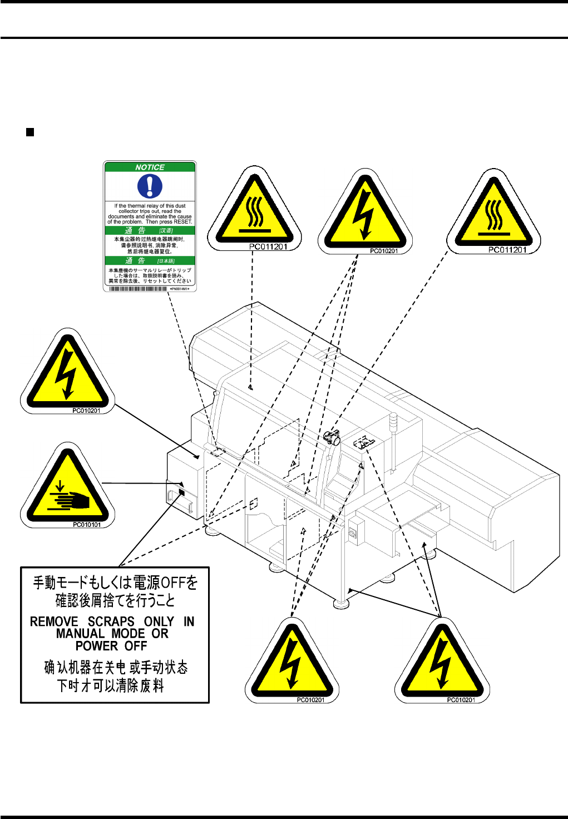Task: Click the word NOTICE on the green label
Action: click(150, 167)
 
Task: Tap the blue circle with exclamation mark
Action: click(150, 186)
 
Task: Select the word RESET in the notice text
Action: click(182, 221)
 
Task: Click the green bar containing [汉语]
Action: click(150, 230)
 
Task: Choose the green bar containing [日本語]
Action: click(150, 260)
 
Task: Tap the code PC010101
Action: click(87, 525)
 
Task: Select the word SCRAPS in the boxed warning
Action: click(111, 621)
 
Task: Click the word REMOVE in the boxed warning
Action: click(54, 621)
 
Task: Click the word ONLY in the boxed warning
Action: click(159, 621)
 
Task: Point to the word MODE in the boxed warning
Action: click(128, 634)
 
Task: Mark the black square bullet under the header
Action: click(30, 132)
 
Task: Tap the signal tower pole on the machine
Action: click(393, 440)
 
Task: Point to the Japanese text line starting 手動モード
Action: click(115, 583)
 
